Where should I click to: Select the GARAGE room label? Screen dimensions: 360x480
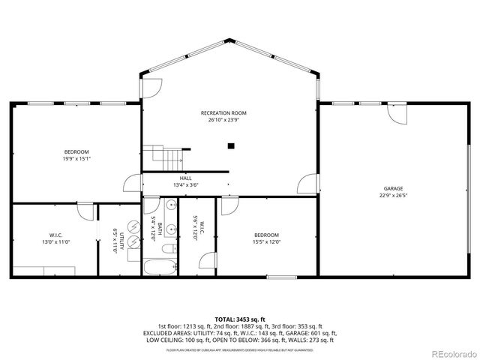394,188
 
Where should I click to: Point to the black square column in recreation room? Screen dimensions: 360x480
231,145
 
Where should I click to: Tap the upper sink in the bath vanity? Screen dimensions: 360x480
172,205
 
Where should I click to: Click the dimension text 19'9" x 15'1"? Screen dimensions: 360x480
76,158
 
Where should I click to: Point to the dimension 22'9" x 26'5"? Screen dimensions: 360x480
394,196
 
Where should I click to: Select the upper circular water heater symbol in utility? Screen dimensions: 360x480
133,225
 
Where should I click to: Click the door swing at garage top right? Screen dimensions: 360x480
399,115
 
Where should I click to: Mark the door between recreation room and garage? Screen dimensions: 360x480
308,184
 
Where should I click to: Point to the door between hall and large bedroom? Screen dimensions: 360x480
133,184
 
